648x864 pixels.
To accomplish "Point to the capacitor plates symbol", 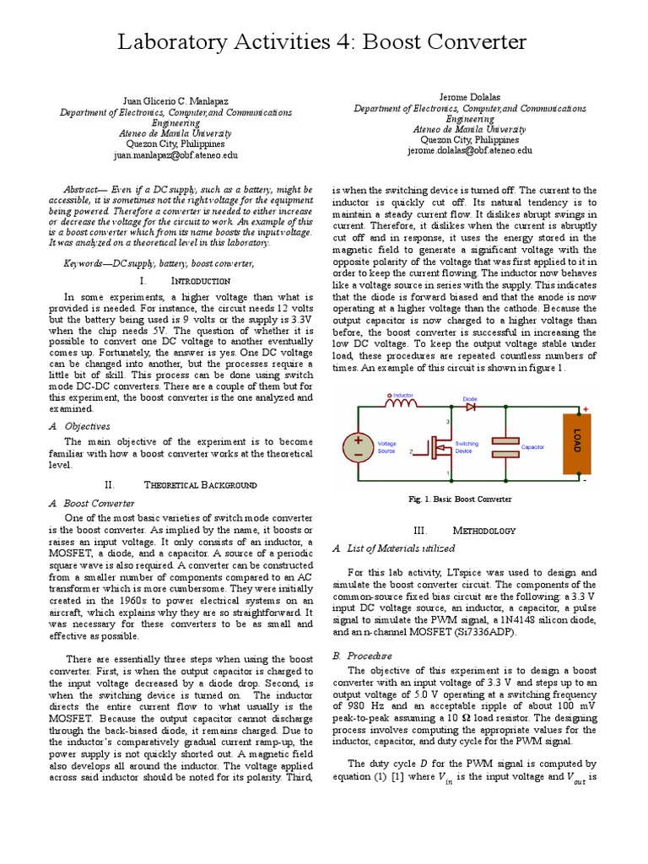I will tap(505, 446).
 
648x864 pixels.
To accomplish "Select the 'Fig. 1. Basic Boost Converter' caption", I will tap(461, 499).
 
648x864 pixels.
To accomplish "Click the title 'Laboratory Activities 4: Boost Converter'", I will tap(323, 41).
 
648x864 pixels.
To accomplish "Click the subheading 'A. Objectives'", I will tap(88, 426).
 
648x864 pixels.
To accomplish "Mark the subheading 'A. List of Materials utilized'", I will tap(394, 548).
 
